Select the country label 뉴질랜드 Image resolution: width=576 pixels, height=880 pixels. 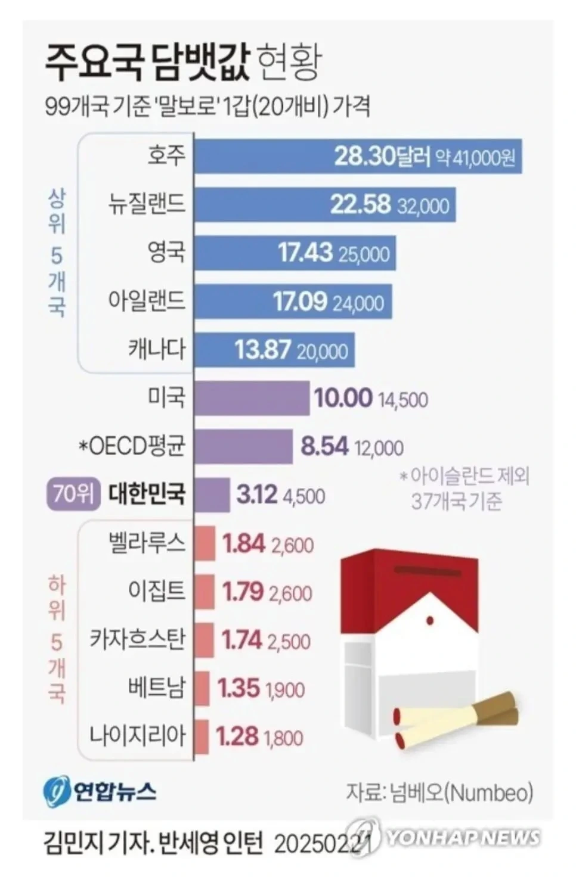(x=147, y=204)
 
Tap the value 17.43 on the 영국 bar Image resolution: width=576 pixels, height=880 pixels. (x=305, y=253)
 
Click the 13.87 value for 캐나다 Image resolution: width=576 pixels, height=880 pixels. (x=263, y=350)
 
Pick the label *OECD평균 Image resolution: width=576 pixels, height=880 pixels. (x=132, y=446)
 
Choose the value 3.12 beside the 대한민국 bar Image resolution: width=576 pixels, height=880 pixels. (x=257, y=495)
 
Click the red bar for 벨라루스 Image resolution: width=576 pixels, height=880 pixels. (x=205, y=543)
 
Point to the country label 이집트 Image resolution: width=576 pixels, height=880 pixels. (x=157, y=591)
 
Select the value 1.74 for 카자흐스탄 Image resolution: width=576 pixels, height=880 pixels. (x=241, y=640)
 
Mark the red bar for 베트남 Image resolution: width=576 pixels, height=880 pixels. (x=202, y=688)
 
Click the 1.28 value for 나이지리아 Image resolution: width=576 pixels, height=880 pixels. (x=237, y=737)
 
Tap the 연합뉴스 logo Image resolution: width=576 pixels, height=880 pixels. (x=100, y=792)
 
